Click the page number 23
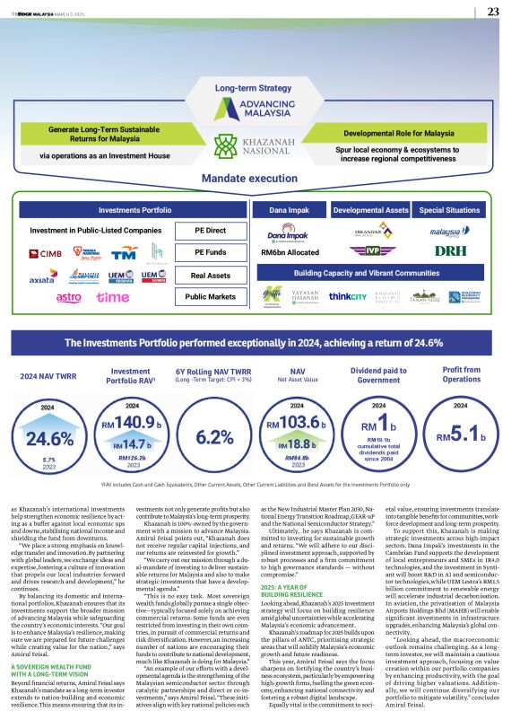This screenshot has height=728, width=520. pos(493,12)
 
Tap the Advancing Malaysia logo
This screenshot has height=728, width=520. pos(259,111)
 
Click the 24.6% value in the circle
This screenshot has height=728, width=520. pos(50,438)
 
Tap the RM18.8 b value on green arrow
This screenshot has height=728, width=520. pos(296,443)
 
